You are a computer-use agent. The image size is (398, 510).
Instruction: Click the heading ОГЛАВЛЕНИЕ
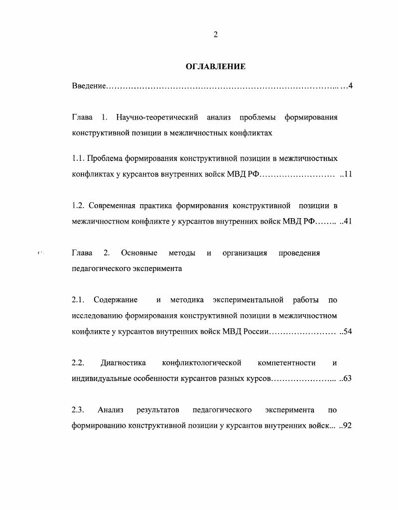point(215,66)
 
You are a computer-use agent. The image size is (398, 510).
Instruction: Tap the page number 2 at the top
point(215,34)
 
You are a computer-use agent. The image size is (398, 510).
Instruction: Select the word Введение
point(89,86)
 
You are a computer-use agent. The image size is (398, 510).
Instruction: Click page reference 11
point(348,174)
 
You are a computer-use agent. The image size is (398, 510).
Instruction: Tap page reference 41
point(348,222)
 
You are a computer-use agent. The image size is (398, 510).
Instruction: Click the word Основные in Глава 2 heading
point(139,253)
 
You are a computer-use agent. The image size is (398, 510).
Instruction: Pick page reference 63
point(348,379)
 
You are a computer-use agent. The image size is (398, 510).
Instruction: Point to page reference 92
point(348,426)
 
